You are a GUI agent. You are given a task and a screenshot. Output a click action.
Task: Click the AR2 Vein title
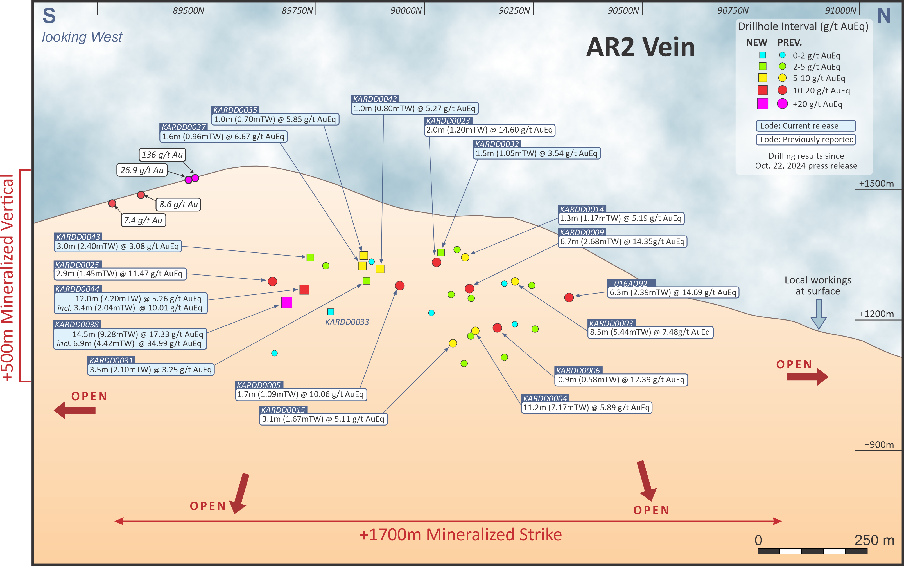pyautogui.click(x=640, y=47)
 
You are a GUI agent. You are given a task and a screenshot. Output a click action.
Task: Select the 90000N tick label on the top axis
pyautogui.click(x=406, y=10)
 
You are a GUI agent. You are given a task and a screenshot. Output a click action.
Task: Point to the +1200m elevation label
pyautogui.click(x=876, y=314)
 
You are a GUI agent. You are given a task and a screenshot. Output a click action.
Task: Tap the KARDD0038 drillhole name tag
pyautogui.click(x=77, y=324)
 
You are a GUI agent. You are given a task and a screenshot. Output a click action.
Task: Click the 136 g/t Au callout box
pyautogui.click(x=162, y=155)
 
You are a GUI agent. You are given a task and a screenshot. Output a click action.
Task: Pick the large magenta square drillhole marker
pyautogui.click(x=287, y=302)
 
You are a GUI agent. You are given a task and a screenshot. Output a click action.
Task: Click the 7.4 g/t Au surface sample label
pyautogui.click(x=143, y=220)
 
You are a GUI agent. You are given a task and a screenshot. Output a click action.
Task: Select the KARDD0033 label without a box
pyautogui.click(x=347, y=322)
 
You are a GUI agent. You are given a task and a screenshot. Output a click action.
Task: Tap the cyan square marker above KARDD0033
pyautogui.click(x=331, y=312)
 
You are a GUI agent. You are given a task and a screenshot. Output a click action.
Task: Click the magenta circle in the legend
pyautogui.click(x=782, y=104)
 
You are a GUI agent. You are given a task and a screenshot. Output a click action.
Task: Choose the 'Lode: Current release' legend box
pyautogui.click(x=806, y=126)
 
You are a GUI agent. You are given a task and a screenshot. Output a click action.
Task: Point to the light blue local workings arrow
pyautogui.click(x=818, y=314)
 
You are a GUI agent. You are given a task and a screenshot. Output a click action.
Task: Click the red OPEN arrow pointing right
pyautogui.click(x=807, y=377)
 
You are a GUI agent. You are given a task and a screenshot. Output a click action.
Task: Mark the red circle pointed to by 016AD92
pyautogui.click(x=569, y=297)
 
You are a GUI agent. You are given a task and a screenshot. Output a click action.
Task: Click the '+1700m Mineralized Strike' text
pyautogui.click(x=460, y=534)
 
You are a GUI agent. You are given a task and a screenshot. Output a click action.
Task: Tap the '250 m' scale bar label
pyautogui.click(x=874, y=540)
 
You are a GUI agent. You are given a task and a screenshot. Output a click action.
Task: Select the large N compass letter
pyautogui.click(x=884, y=16)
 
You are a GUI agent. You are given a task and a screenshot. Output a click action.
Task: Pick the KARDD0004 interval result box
pyautogui.click(x=587, y=407)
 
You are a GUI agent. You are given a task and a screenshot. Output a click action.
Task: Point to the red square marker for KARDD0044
pyautogui.click(x=304, y=290)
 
